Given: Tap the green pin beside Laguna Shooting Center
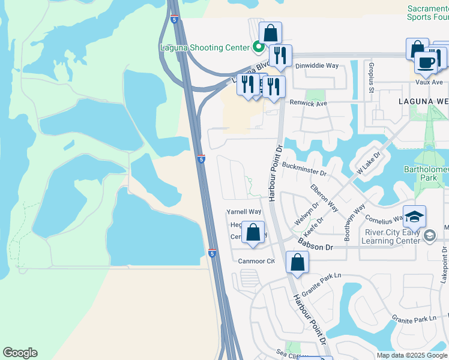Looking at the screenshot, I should point(259,46).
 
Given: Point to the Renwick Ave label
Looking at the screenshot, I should point(308,103).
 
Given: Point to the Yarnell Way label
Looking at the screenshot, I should point(244,212).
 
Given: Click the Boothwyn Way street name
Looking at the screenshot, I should point(355,223).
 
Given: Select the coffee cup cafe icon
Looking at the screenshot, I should point(426,62).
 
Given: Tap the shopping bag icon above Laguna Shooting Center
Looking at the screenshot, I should point(270,33).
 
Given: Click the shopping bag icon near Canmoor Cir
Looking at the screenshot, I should point(297,262).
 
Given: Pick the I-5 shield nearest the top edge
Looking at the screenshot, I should point(174,19).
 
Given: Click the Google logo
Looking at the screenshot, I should point(20,353).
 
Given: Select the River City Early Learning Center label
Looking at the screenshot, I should point(393,236).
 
